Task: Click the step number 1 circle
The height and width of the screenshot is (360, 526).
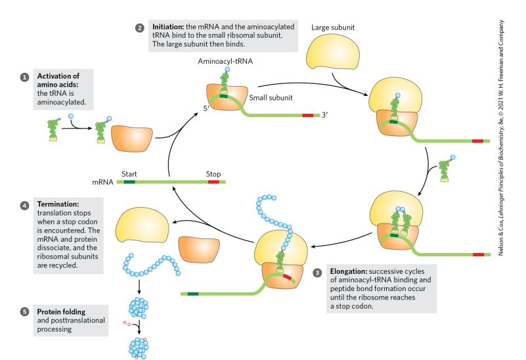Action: (24, 77)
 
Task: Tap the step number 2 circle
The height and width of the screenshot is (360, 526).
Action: (139, 28)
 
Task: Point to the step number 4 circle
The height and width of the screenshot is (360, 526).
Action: (24, 206)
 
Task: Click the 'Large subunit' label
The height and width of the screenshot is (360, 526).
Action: (333, 28)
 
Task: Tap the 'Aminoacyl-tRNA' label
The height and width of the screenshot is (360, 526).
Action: (225, 60)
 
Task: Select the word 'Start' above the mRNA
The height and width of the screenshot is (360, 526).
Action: (129, 173)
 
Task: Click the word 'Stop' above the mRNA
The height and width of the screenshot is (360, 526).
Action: (213, 173)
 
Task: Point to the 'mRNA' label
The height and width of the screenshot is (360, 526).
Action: (103, 182)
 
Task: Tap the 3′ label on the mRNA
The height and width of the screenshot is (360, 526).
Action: (324, 116)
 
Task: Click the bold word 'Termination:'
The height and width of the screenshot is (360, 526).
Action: (58, 205)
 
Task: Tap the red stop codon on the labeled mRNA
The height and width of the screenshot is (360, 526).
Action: (213, 182)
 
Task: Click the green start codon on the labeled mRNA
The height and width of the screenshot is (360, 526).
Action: (129, 182)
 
